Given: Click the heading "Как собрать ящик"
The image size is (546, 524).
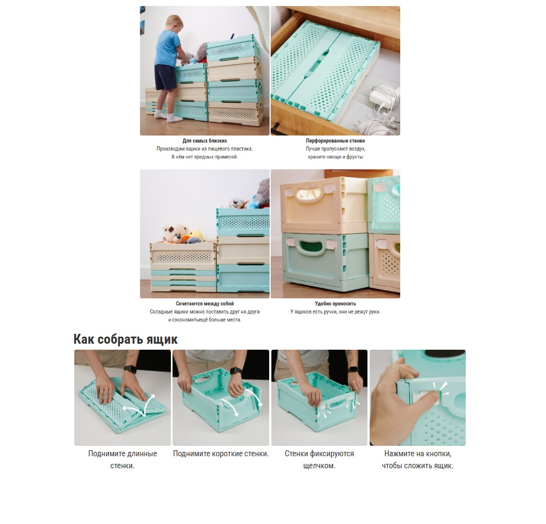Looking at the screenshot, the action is coord(126,339).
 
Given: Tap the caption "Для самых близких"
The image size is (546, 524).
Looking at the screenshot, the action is coord(205,141).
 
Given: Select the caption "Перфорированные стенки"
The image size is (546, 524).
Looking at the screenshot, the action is coord(335,141).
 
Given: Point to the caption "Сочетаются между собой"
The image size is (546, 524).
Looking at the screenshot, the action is coord(205,304).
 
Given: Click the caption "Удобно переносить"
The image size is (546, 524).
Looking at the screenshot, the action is coord(335,304).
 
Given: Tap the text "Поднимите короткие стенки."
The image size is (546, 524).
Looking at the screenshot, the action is coord(221,454).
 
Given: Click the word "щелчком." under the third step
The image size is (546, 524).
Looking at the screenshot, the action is coord(319,466).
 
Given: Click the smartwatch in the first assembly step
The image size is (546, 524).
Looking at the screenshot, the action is coord(130,369).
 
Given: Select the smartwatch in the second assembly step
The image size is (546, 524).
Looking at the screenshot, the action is coord(236,370).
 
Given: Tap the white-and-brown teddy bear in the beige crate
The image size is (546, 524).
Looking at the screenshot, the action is coord(176,233).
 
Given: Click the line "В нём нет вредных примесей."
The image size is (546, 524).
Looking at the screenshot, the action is coord(205,157).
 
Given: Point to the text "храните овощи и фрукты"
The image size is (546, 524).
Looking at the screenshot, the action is coord(335,157).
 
